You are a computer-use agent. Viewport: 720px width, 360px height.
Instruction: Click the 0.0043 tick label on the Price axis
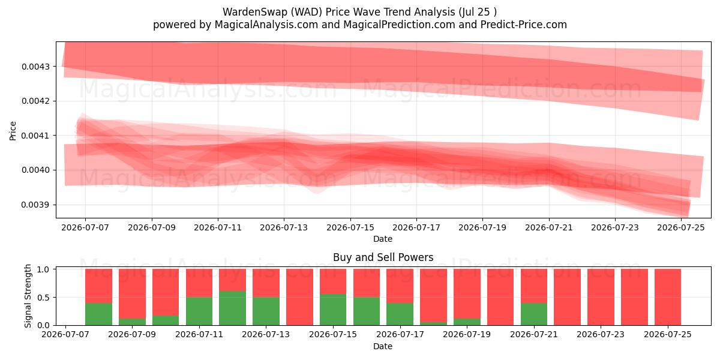click(35, 67)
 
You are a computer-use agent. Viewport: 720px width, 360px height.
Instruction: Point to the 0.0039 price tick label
click(35, 205)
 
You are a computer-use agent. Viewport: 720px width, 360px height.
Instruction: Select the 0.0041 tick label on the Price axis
click(35, 136)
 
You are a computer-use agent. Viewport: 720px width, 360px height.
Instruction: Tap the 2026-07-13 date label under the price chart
click(284, 227)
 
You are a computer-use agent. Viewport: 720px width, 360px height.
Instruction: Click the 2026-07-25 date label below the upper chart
click(681, 227)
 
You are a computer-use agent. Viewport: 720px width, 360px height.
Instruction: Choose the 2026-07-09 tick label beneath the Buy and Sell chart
click(132, 334)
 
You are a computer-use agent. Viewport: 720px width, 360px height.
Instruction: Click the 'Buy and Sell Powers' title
click(383, 257)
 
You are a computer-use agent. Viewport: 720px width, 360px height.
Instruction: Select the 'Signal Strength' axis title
click(28, 296)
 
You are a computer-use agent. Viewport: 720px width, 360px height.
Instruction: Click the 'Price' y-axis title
click(13, 131)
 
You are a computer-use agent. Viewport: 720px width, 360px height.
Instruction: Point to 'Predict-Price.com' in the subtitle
click(524, 25)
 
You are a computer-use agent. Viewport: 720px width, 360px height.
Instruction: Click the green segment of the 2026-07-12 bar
click(232, 308)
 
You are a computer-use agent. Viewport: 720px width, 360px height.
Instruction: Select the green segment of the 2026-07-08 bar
click(98, 314)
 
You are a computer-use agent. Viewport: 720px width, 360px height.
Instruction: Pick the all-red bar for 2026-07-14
click(299, 297)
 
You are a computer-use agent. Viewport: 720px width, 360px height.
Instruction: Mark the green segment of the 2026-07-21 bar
click(534, 314)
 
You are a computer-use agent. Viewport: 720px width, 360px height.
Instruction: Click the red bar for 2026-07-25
click(668, 297)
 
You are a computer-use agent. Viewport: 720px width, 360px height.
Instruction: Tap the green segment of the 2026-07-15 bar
click(333, 310)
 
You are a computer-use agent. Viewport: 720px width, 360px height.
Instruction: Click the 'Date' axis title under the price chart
click(383, 239)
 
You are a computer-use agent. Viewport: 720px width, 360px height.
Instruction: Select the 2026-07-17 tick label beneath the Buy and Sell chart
click(400, 334)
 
